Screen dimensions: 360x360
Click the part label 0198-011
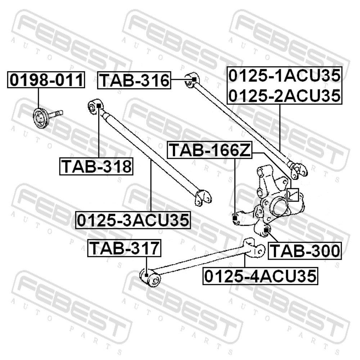pyautogui.click(x=46, y=80)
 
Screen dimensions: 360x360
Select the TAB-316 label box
pyautogui.click(x=134, y=80)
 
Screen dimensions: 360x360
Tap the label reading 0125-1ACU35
pyautogui.click(x=285, y=76)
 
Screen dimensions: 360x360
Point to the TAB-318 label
pyautogui.click(x=96, y=166)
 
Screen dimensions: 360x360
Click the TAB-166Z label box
pyautogui.click(x=210, y=150)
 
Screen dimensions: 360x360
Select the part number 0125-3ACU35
pyautogui.click(x=133, y=220)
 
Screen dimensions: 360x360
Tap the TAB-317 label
pyautogui.click(x=124, y=248)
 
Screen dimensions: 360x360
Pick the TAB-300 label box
pyautogui.click(x=305, y=251)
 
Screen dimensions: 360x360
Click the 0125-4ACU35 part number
pyautogui.click(x=260, y=276)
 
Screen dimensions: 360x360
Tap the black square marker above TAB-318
pyautogui.click(x=99, y=105)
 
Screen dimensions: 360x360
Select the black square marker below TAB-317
pyautogui.click(x=147, y=275)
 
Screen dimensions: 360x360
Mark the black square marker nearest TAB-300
pyautogui.click(x=266, y=230)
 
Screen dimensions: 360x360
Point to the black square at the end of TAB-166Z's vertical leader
pyautogui.click(x=235, y=218)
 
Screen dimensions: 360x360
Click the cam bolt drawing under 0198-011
pyautogui.click(x=48, y=118)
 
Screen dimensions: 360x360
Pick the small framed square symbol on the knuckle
pyautogui.click(x=293, y=195)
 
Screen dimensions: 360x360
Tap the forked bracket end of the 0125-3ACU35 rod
pyautogui.click(x=203, y=198)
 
